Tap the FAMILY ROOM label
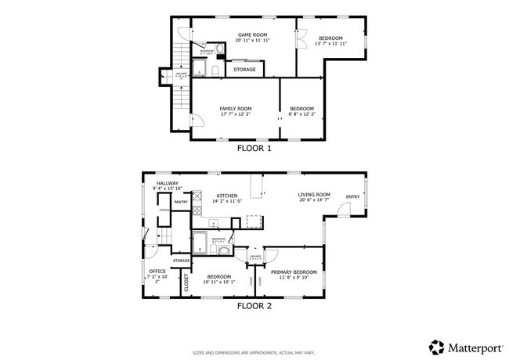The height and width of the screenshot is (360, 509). (235, 109)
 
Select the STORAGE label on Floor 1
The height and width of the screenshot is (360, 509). (245, 70)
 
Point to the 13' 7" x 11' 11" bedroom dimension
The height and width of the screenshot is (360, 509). (330, 44)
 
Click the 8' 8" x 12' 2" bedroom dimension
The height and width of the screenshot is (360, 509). (301, 114)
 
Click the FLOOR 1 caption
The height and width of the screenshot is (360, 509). (254, 147)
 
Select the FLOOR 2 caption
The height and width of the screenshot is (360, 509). (254, 306)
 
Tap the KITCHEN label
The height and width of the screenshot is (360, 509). (227, 196)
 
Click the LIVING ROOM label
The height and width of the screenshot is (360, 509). (314, 195)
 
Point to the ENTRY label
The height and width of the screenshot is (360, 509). (353, 196)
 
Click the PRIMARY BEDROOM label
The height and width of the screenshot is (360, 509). (299, 272)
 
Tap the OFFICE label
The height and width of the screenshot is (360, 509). (157, 272)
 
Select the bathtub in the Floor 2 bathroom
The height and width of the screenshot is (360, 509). (200, 239)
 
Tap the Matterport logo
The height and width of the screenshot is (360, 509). (464, 345)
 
